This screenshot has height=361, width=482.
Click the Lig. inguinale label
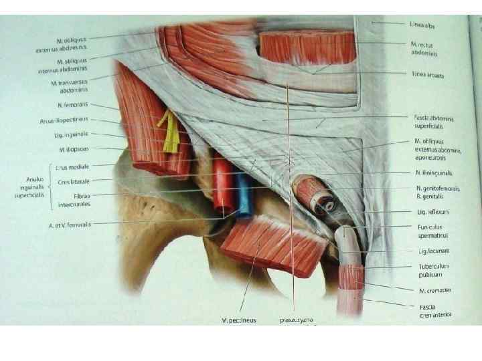(76, 134)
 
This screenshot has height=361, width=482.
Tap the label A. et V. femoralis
(70, 225)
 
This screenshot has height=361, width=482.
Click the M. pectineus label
(239, 320)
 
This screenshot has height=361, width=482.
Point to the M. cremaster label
(428, 289)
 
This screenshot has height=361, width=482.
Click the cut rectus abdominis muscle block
(307, 47)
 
